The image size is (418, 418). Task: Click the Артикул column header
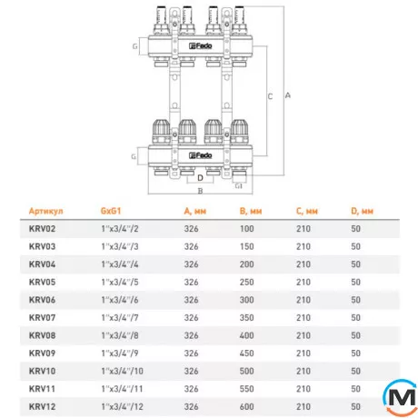[x=46, y=211]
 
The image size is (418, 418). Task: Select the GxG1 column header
[x=111, y=211]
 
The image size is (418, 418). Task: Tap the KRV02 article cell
[x=42, y=229]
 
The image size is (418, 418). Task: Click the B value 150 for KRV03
[x=247, y=246]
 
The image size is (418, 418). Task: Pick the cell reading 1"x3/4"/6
[x=120, y=300]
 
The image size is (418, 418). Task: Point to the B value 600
[x=247, y=407]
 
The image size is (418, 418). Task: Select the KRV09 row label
[x=42, y=353]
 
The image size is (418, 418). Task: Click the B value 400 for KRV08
[x=247, y=335]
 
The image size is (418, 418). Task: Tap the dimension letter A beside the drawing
[x=288, y=95]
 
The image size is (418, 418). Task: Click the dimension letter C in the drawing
[x=270, y=96]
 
